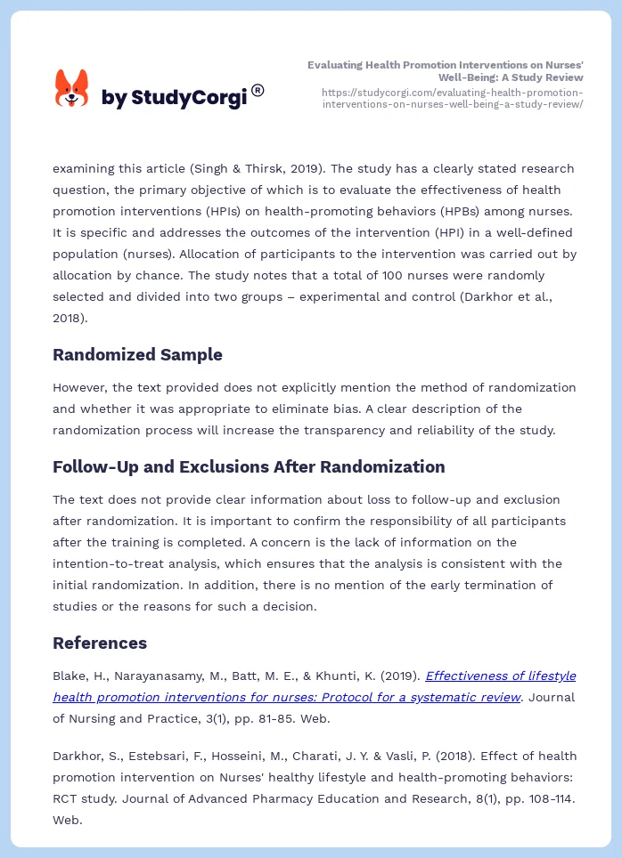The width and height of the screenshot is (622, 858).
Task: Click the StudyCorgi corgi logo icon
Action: click(x=72, y=90)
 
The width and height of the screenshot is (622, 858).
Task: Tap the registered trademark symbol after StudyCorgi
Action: click(x=258, y=90)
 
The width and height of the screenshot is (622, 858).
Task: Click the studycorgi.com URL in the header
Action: click(x=452, y=98)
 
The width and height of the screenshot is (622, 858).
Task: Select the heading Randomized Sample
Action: click(x=137, y=354)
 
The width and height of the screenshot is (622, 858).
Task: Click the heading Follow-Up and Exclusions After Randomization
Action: click(x=249, y=466)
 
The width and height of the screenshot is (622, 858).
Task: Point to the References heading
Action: click(x=100, y=643)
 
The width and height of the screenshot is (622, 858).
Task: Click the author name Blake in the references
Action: click(x=70, y=676)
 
